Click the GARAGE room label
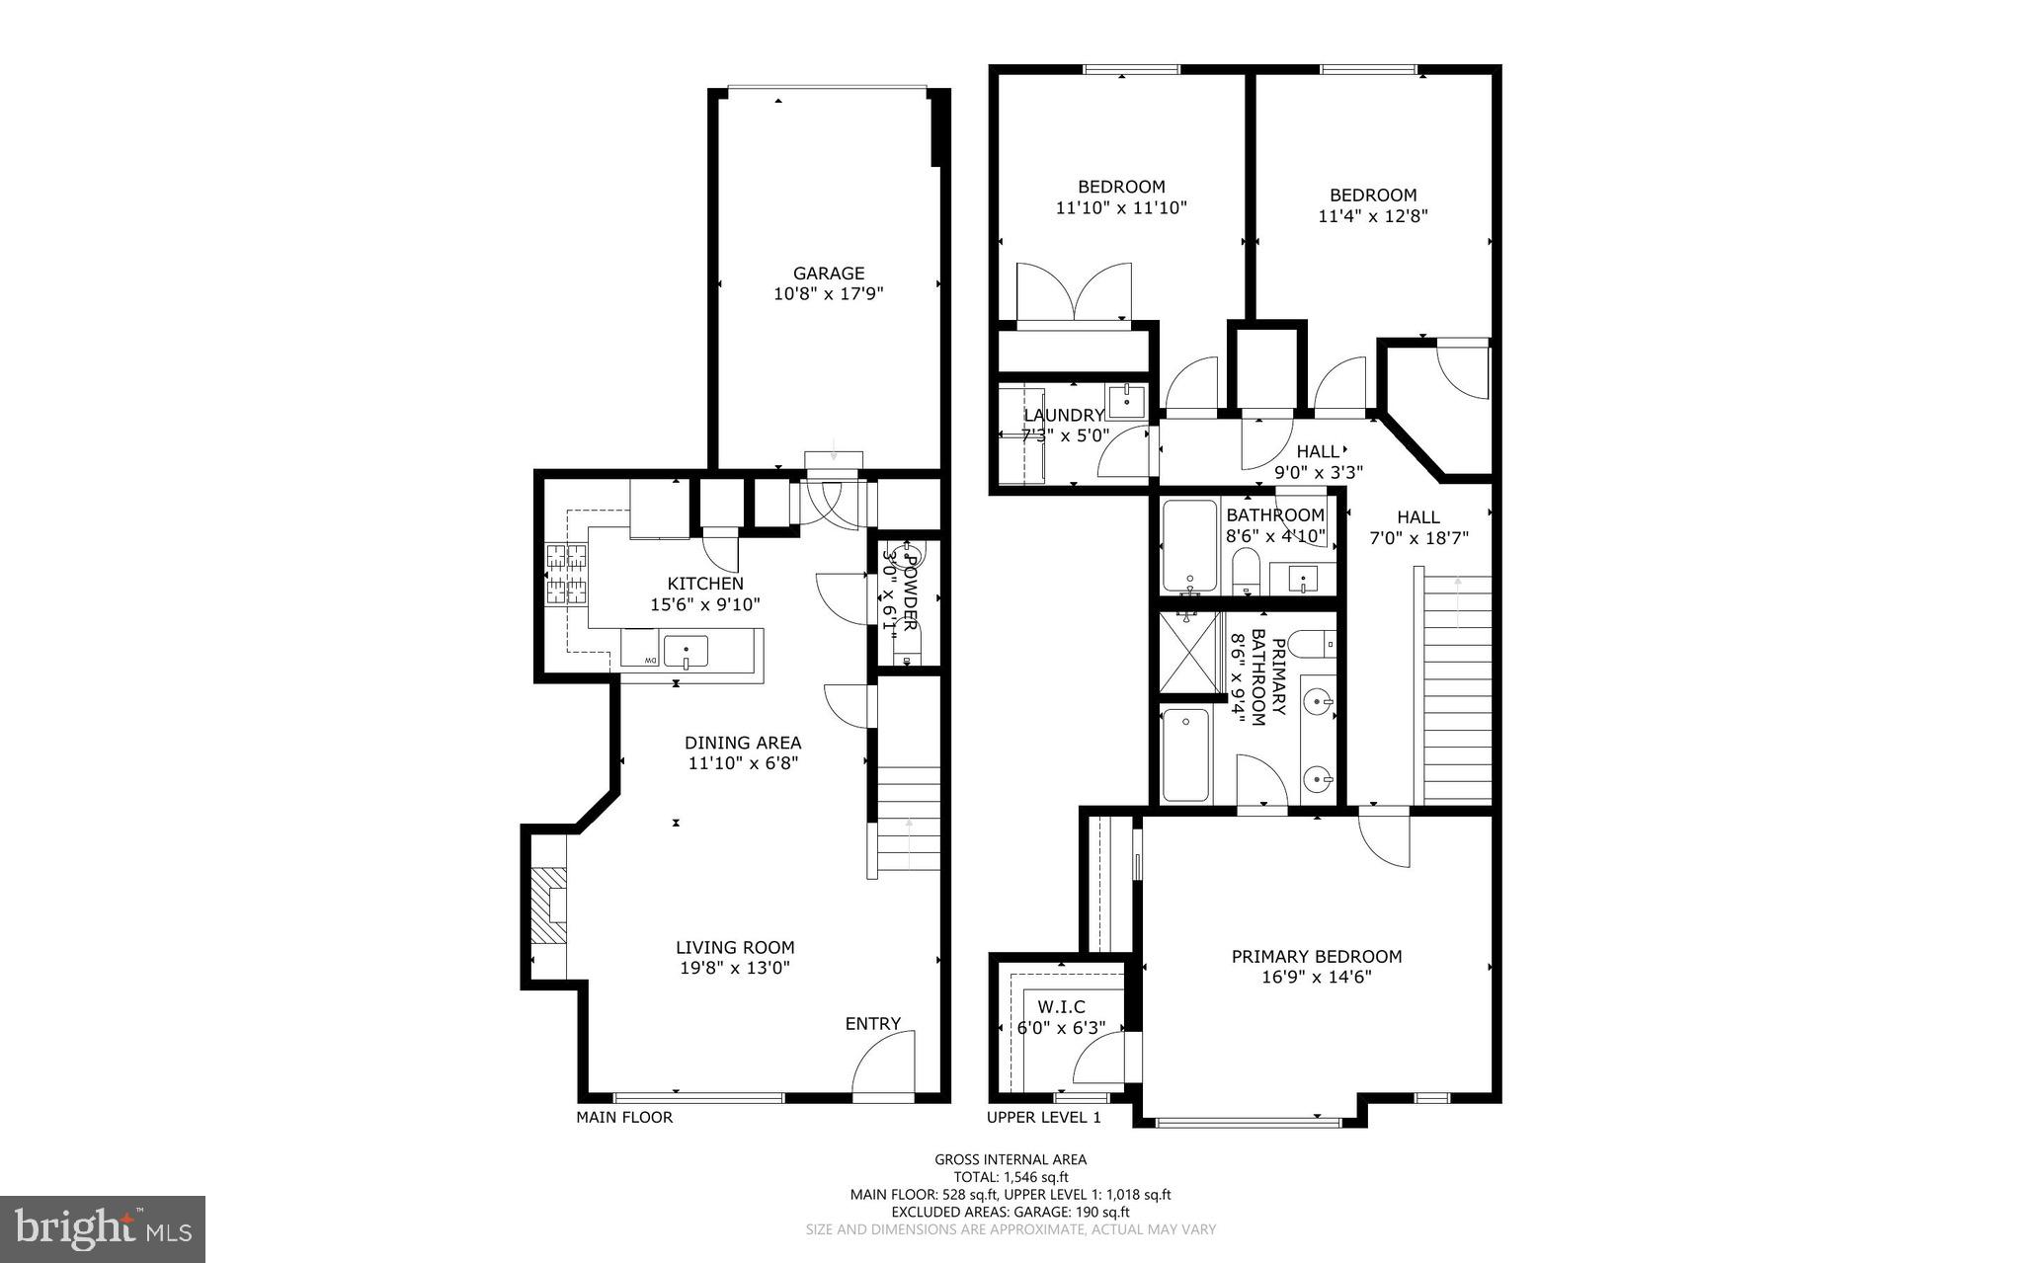[828, 273]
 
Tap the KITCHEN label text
[704, 584]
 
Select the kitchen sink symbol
[686, 652]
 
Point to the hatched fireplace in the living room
[547, 905]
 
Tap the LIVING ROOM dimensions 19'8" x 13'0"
[734, 969]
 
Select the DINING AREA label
[743, 743]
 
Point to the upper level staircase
[1456, 691]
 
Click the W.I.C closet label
[1061, 1006]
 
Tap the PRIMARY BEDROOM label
[1316, 956]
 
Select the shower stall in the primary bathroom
[1189, 652]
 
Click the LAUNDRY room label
[1063, 416]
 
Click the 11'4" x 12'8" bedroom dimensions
[1372, 215]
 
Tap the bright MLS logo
[103, 1228]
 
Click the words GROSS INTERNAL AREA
[1011, 1159]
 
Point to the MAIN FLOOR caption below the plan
[624, 1117]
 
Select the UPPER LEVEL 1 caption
[1043, 1117]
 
